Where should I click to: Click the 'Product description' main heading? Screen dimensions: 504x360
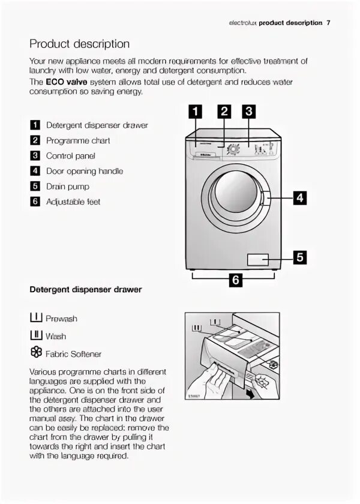(x=79, y=44)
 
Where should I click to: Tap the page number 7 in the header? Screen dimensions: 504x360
(x=329, y=23)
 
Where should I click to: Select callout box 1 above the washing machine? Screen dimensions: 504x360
(x=196, y=111)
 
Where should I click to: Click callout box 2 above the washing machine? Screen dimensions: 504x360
(x=224, y=111)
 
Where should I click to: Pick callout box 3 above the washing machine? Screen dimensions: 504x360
(x=249, y=111)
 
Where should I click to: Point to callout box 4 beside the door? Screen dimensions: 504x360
(x=299, y=197)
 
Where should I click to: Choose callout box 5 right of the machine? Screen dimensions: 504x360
(x=299, y=257)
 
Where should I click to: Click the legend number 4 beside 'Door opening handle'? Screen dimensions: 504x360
(x=35, y=171)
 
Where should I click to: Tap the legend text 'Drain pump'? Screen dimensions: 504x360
(x=68, y=187)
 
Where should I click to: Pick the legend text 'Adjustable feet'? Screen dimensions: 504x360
(x=73, y=202)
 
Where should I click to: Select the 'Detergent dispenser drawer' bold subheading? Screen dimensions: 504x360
(x=86, y=289)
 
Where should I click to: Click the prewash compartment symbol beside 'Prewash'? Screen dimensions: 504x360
(x=35, y=317)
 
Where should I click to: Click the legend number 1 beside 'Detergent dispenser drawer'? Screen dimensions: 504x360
(x=35, y=125)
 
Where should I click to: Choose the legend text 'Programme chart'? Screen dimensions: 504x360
(x=78, y=140)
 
